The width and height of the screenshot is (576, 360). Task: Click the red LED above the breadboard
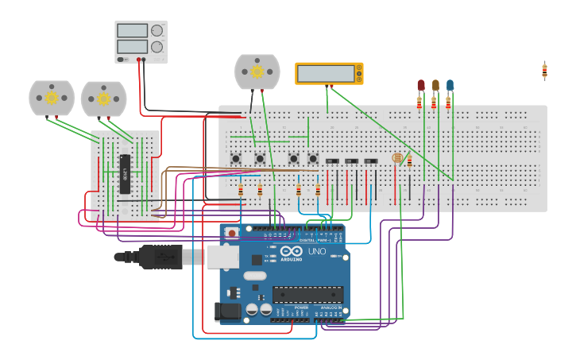(x=421, y=85)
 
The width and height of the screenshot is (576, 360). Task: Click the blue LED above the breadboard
(x=450, y=85)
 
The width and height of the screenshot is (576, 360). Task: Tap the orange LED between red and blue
(x=435, y=85)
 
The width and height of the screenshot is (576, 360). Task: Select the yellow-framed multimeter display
(x=329, y=73)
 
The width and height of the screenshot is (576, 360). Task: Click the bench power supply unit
(x=141, y=42)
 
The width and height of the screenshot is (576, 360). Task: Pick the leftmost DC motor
(x=52, y=98)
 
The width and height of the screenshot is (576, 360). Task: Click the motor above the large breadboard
(x=257, y=72)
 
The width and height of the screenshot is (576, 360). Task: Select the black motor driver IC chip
(x=125, y=174)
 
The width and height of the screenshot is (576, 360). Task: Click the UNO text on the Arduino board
(x=316, y=251)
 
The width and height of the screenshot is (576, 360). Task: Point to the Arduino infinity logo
(x=291, y=251)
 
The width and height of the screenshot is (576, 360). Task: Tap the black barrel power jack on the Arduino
(x=227, y=312)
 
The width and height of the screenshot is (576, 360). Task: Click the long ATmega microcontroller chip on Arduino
(x=307, y=294)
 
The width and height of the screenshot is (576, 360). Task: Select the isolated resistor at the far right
(x=544, y=71)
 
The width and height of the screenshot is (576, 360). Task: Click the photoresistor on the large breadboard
(x=397, y=158)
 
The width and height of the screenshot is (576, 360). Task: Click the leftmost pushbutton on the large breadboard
(x=236, y=159)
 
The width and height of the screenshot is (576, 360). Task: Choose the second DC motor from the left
(x=103, y=99)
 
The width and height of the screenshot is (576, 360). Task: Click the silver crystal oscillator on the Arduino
(x=254, y=276)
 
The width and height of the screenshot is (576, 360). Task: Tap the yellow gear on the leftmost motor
(x=52, y=98)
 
